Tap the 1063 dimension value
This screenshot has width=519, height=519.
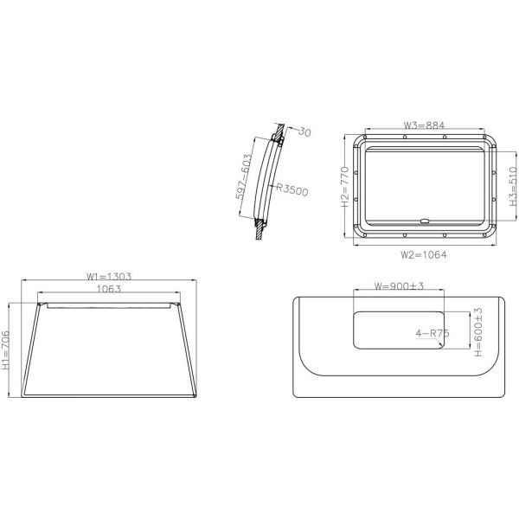(108, 289)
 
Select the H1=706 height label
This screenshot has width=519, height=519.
(7, 349)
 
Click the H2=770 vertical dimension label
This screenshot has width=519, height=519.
(344, 189)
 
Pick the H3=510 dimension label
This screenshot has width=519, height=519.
(511, 190)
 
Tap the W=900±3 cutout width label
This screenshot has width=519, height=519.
(398, 286)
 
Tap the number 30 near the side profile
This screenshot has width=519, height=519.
(303, 131)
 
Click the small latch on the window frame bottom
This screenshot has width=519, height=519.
(424, 221)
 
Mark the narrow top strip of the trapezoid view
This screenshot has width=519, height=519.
(108, 304)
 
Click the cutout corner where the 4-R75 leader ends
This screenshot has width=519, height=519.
(439, 345)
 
